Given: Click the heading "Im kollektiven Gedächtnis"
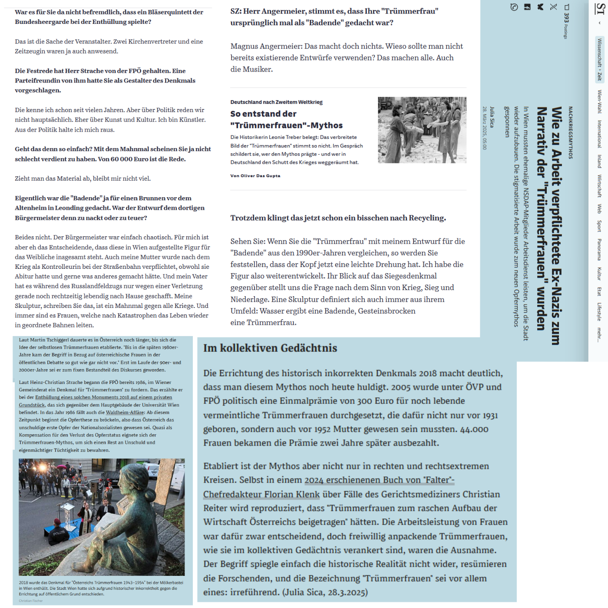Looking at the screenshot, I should tap(270, 348).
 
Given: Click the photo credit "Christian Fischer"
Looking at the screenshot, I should tap(31, 601).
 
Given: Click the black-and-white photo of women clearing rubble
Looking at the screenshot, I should tap(422, 130).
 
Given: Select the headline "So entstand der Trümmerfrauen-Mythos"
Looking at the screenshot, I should tap(286, 119).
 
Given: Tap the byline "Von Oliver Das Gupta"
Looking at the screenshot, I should tap(255, 176).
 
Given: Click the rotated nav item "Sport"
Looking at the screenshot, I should tap(599, 226).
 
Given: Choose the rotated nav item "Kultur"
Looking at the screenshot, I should tap(599, 274).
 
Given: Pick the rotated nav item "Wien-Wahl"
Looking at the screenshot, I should tap(599, 102).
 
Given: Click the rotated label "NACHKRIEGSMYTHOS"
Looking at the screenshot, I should tap(570, 132).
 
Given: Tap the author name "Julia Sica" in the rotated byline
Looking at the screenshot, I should tap(492, 117).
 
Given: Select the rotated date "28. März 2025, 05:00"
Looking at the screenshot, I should tap(485, 128).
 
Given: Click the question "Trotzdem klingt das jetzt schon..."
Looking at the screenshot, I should tap(338, 218).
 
